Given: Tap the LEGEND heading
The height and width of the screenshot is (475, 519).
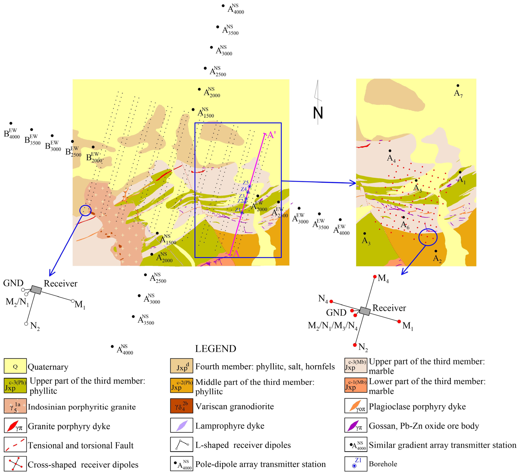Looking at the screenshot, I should (215, 349).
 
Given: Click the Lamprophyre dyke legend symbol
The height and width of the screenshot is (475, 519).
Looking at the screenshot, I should (181, 426).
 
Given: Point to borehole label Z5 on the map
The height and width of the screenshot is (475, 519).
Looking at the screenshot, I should (246, 183).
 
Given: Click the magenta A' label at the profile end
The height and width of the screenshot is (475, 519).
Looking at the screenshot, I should (272, 135).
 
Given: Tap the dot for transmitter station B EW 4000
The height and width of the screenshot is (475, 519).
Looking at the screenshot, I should (11, 123).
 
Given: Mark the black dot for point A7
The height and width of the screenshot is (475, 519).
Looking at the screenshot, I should (458, 86).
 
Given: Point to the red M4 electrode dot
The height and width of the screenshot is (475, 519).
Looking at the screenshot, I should (375, 277).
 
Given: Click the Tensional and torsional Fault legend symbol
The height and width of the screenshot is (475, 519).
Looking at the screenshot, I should (15, 445).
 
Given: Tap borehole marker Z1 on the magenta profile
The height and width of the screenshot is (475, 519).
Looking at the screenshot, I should (242, 213).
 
